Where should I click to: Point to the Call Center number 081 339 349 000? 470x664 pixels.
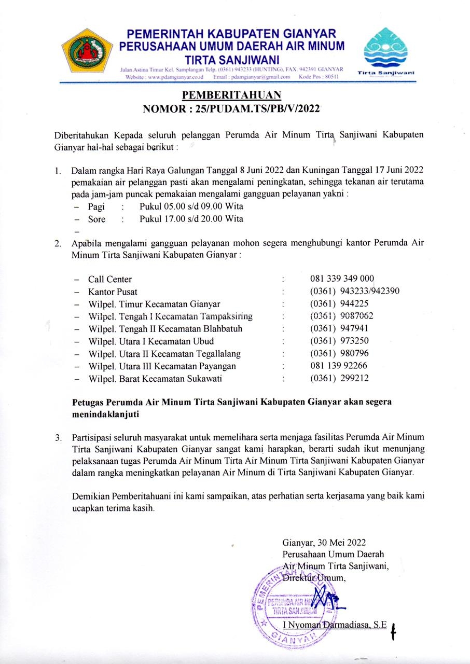coord(342,279)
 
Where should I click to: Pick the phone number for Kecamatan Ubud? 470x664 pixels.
coord(339,341)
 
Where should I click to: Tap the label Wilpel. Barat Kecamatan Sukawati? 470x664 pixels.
coord(155,379)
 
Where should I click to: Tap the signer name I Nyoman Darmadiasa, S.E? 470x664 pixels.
coord(335,626)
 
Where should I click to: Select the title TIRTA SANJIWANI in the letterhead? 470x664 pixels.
coord(232,59)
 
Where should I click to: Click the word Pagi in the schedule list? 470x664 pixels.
coord(96,206)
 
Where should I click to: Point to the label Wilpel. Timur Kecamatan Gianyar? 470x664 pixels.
coord(154,304)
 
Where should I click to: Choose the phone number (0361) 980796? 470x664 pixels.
coord(339,354)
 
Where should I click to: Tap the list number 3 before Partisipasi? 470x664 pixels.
coord(58,437)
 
